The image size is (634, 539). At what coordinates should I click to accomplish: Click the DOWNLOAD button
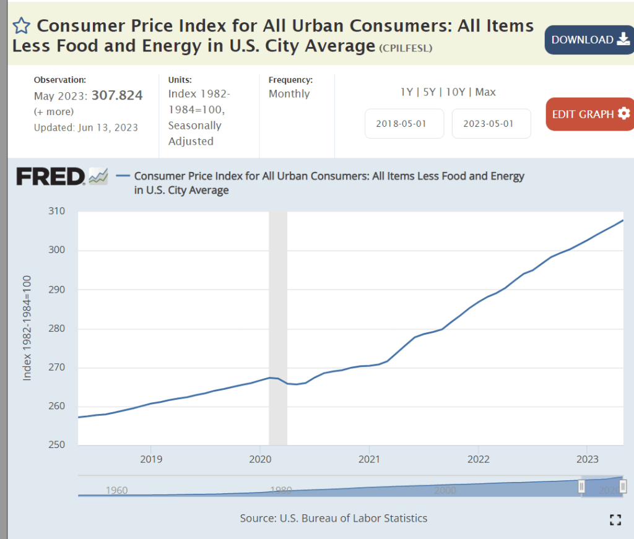(589, 40)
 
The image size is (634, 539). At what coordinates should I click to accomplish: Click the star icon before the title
(21, 25)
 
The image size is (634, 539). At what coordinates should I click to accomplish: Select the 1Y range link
(407, 92)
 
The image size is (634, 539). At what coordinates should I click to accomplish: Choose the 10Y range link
(455, 92)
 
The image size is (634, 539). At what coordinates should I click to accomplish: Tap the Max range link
(485, 92)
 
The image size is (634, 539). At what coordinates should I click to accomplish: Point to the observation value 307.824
(117, 95)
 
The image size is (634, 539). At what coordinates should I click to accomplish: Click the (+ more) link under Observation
(53, 112)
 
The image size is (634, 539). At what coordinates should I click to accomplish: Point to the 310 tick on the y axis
(57, 212)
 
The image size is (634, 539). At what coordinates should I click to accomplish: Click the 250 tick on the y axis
(57, 446)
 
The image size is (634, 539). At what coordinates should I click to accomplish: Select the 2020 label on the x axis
(260, 459)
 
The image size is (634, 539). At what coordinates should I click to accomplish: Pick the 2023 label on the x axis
(588, 459)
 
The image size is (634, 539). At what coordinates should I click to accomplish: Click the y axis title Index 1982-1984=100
(27, 328)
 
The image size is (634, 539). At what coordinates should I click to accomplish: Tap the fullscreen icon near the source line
(615, 520)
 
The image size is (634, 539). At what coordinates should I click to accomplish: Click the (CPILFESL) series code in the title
(406, 48)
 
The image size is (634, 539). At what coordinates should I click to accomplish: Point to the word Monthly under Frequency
(289, 93)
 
